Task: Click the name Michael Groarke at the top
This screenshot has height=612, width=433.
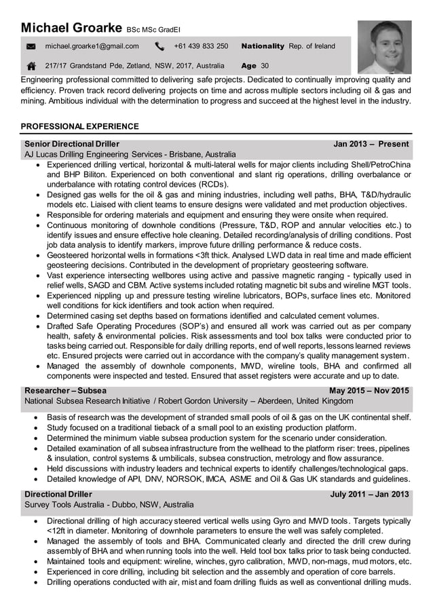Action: pos(71,28)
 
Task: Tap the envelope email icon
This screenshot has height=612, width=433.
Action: pos(31,47)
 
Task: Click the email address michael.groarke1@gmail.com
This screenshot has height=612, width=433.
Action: pos(92,47)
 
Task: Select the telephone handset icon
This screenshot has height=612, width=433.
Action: pos(159,47)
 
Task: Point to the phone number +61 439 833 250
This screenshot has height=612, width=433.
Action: pos(201,47)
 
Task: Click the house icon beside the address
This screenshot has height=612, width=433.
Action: pos(31,66)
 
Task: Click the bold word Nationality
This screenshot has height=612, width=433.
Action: pos(263,47)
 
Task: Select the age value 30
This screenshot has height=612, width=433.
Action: pos(265,66)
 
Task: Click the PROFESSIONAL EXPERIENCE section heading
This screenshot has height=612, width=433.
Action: pos(80,126)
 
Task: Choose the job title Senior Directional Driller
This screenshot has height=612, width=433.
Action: pos(72,144)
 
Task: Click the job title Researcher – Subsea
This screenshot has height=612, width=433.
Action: pos(65,391)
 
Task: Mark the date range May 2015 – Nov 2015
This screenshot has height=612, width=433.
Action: pos(369,391)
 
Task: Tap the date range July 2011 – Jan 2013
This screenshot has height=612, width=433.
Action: pos(369,494)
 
